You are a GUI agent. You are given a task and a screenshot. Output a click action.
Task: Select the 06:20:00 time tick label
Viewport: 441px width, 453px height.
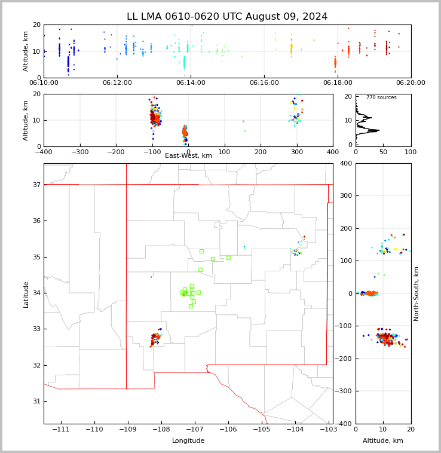click(411, 83)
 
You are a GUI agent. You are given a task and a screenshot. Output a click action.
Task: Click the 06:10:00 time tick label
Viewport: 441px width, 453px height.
click(44, 83)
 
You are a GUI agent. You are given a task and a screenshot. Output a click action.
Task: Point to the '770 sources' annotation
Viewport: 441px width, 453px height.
click(381, 97)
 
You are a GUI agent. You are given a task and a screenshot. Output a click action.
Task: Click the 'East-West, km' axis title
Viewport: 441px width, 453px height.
click(188, 156)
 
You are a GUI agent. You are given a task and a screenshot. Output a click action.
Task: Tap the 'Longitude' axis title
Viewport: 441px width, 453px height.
click(188, 441)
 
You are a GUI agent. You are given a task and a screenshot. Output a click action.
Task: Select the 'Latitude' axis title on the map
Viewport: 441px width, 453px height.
click(26, 294)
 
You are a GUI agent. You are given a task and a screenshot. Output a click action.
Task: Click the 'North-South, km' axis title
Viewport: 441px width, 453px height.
click(416, 293)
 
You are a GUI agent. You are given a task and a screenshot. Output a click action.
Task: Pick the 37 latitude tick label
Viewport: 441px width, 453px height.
click(36, 185)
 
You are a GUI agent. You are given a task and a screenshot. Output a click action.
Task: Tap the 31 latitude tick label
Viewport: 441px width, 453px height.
click(36, 401)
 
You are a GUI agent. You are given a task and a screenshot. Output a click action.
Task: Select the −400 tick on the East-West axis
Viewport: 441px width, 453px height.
click(44, 152)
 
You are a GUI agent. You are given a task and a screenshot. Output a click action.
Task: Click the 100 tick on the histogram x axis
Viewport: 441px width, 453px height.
click(411, 152)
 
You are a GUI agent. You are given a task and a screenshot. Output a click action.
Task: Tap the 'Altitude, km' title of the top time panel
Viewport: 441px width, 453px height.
click(26, 51)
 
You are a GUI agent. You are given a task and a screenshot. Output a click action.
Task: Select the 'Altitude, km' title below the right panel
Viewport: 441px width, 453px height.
click(383, 441)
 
